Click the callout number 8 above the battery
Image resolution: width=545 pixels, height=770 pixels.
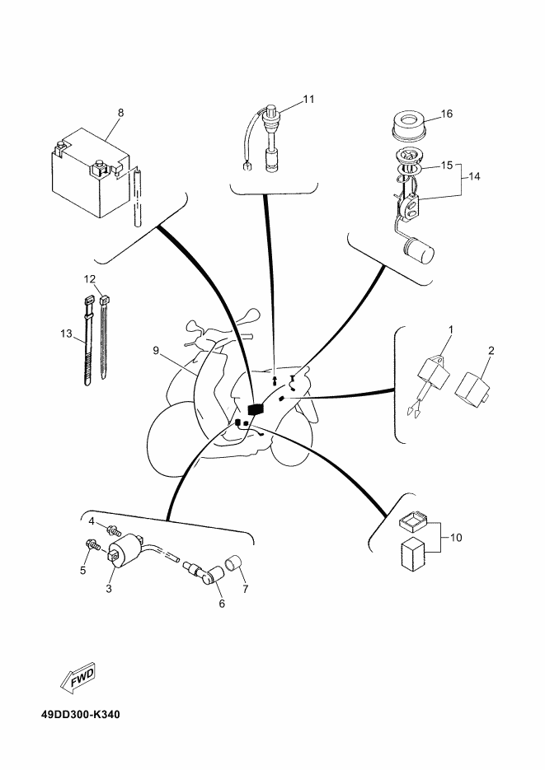pyautogui.click(x=121, y=113)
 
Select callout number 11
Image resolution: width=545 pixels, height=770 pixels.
pyautogui.click(x=308, y=99)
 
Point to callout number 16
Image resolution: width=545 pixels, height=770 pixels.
pyautogui.click(x=446, y=114)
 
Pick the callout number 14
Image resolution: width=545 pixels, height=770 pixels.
pyautogui.click(x=474, y=176)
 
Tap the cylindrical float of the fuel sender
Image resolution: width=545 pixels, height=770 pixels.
pyautogui.click(x=419, y=249)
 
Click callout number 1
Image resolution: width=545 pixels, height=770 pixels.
pyautogui.click(x=451, y=329)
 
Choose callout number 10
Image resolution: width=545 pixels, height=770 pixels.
pyautogui.click(x=456, y=538)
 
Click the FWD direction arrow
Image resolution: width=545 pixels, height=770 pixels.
pyautogui.click(x=78, y=678)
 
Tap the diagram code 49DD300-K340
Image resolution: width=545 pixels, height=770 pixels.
pyautogui.click(x=81, y=713)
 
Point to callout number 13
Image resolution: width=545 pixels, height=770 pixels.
pyautogui.click(x=66, y=334)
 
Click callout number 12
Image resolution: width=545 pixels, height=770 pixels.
pyautogui.click(x=89, y=279)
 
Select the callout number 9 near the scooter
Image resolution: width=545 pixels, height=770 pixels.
pyautogui.click(x=156, y=350)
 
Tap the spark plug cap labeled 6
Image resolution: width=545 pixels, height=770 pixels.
pyautogui.click(x=203, y=573)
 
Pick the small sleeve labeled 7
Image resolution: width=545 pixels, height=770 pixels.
pyautogui.click(x=234, y=564)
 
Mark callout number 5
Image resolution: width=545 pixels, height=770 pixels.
pyautogui.click(x=83, y=570)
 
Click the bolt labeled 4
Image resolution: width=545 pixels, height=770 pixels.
pyautogui.click(x=114, y=530)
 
